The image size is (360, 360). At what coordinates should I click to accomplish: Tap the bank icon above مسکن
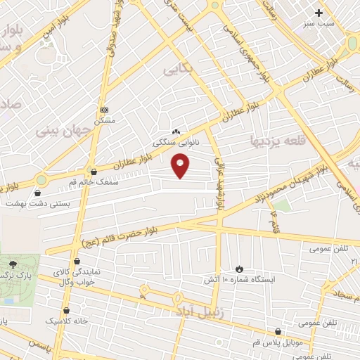pyautogui.click(x=105, y=110)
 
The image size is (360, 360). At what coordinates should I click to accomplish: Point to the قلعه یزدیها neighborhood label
pyautogui.click(x=279, y=141)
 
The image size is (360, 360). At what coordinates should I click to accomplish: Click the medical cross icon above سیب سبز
pyautogui.click(x=319, y=13)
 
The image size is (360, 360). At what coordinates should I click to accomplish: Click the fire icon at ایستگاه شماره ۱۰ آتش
pyautogui.click(x=239, y=269)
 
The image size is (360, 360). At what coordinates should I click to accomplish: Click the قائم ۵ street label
pyautogui.click(x=275, y=226)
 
